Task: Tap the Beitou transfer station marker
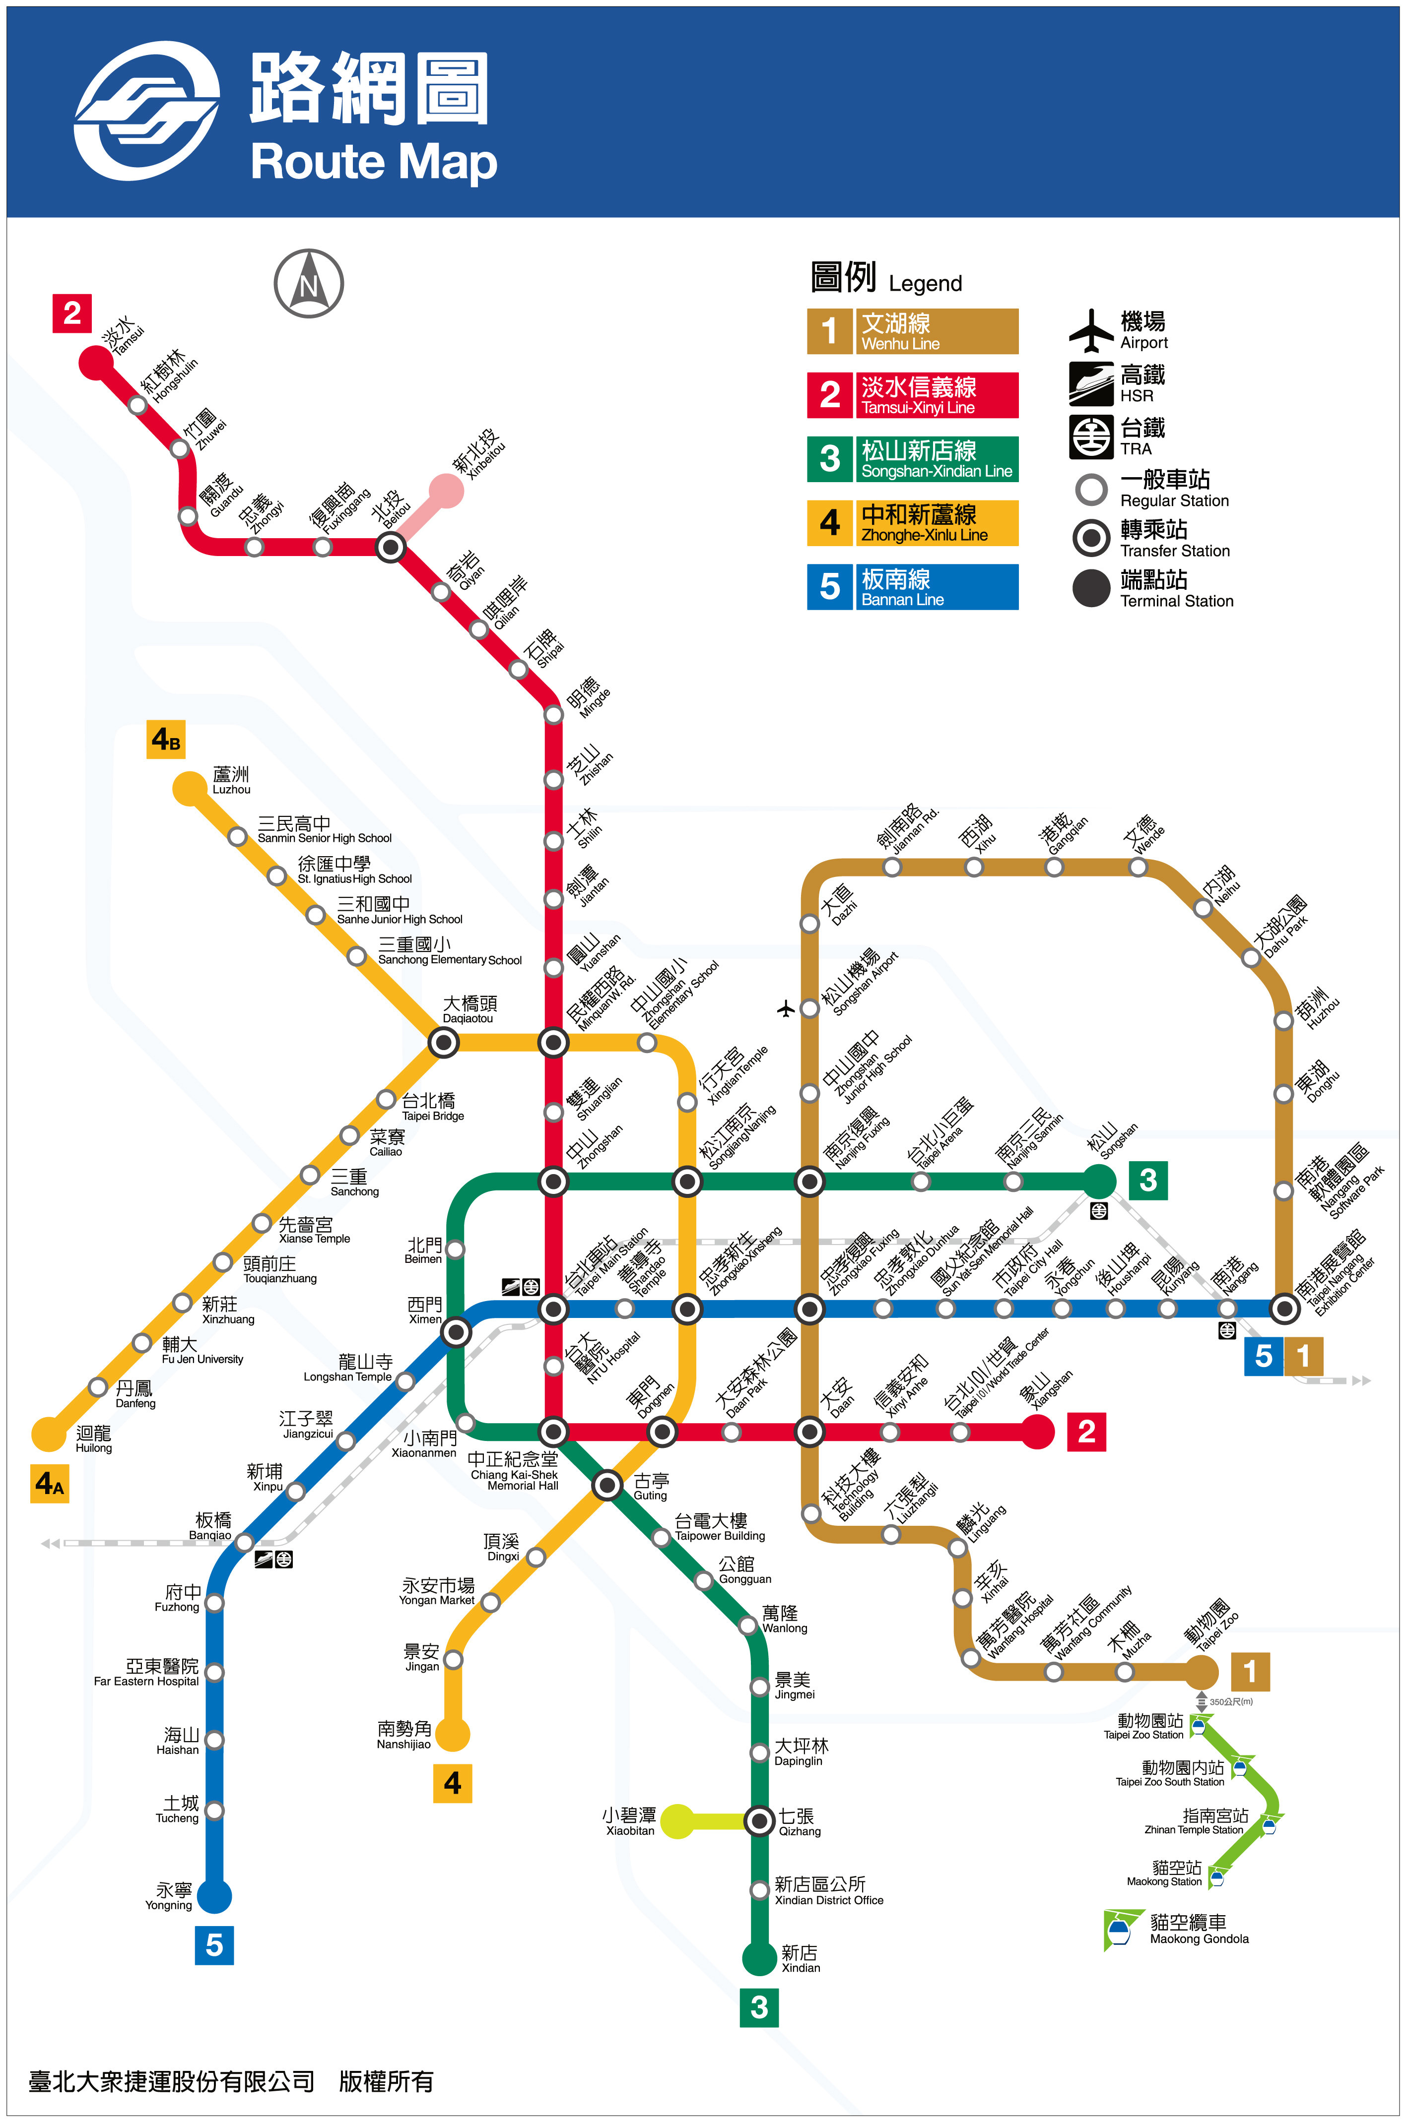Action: pyautogui.click(x=390, y=546)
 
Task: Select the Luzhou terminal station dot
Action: pyautogui.click(x=189, y=788)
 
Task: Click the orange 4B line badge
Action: pyautogui.click(x=166, y=739)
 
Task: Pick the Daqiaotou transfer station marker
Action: pyautogui.click(x=443, y=1041)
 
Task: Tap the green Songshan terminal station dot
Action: pyautogui.click(x=1098, y=1181)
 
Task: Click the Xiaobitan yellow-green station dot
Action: pyautogui.click(x=677, y=1821)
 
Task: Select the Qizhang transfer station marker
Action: pyautogui.click(x=759, y=1821)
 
